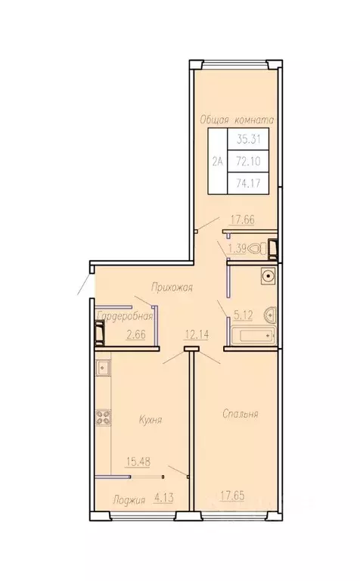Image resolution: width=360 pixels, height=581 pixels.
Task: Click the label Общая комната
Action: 237,120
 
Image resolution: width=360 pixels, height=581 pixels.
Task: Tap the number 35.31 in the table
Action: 249,139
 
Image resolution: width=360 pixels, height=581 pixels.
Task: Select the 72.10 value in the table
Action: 249,161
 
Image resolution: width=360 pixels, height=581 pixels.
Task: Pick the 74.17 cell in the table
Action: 249,182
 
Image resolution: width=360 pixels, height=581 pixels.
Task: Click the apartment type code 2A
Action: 218,161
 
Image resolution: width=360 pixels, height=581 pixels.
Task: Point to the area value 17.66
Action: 243,219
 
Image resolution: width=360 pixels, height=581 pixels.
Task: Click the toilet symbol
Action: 259,248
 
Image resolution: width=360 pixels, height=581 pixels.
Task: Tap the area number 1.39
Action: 237,248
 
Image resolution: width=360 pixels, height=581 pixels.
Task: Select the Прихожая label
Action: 172,287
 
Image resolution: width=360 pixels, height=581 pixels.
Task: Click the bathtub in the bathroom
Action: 253,336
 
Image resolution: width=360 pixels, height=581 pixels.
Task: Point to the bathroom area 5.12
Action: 243,315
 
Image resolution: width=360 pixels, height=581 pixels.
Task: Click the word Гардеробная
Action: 125,316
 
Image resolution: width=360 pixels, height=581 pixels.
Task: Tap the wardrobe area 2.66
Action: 136,334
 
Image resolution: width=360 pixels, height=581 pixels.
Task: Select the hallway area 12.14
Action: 197,334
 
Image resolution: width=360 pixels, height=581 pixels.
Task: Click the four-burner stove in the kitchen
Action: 104,417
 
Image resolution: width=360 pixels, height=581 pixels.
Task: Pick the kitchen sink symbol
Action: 103,368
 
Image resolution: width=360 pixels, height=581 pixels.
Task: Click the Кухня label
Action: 151,420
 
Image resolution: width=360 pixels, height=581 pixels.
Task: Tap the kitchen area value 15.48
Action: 138,461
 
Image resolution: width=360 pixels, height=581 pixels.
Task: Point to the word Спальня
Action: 241,414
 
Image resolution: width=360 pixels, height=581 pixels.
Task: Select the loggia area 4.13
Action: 163,498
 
